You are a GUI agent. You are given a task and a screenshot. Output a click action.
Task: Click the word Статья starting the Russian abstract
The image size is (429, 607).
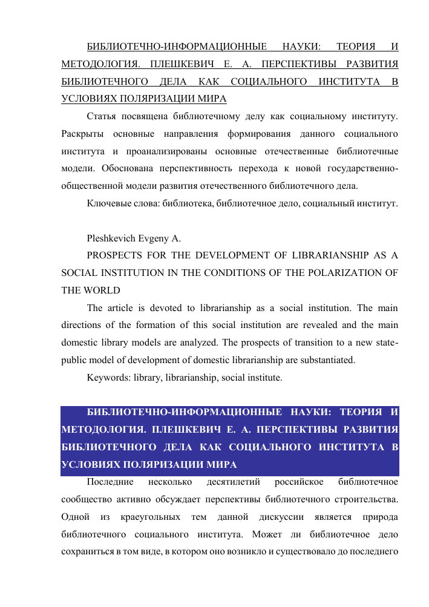point(102,115)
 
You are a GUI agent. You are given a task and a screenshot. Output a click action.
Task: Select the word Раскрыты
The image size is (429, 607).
point(82,132)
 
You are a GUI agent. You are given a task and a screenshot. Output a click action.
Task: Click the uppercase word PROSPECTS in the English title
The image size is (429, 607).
point(114,255)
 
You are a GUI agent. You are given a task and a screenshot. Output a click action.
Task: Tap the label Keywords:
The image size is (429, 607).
point(108,378)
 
